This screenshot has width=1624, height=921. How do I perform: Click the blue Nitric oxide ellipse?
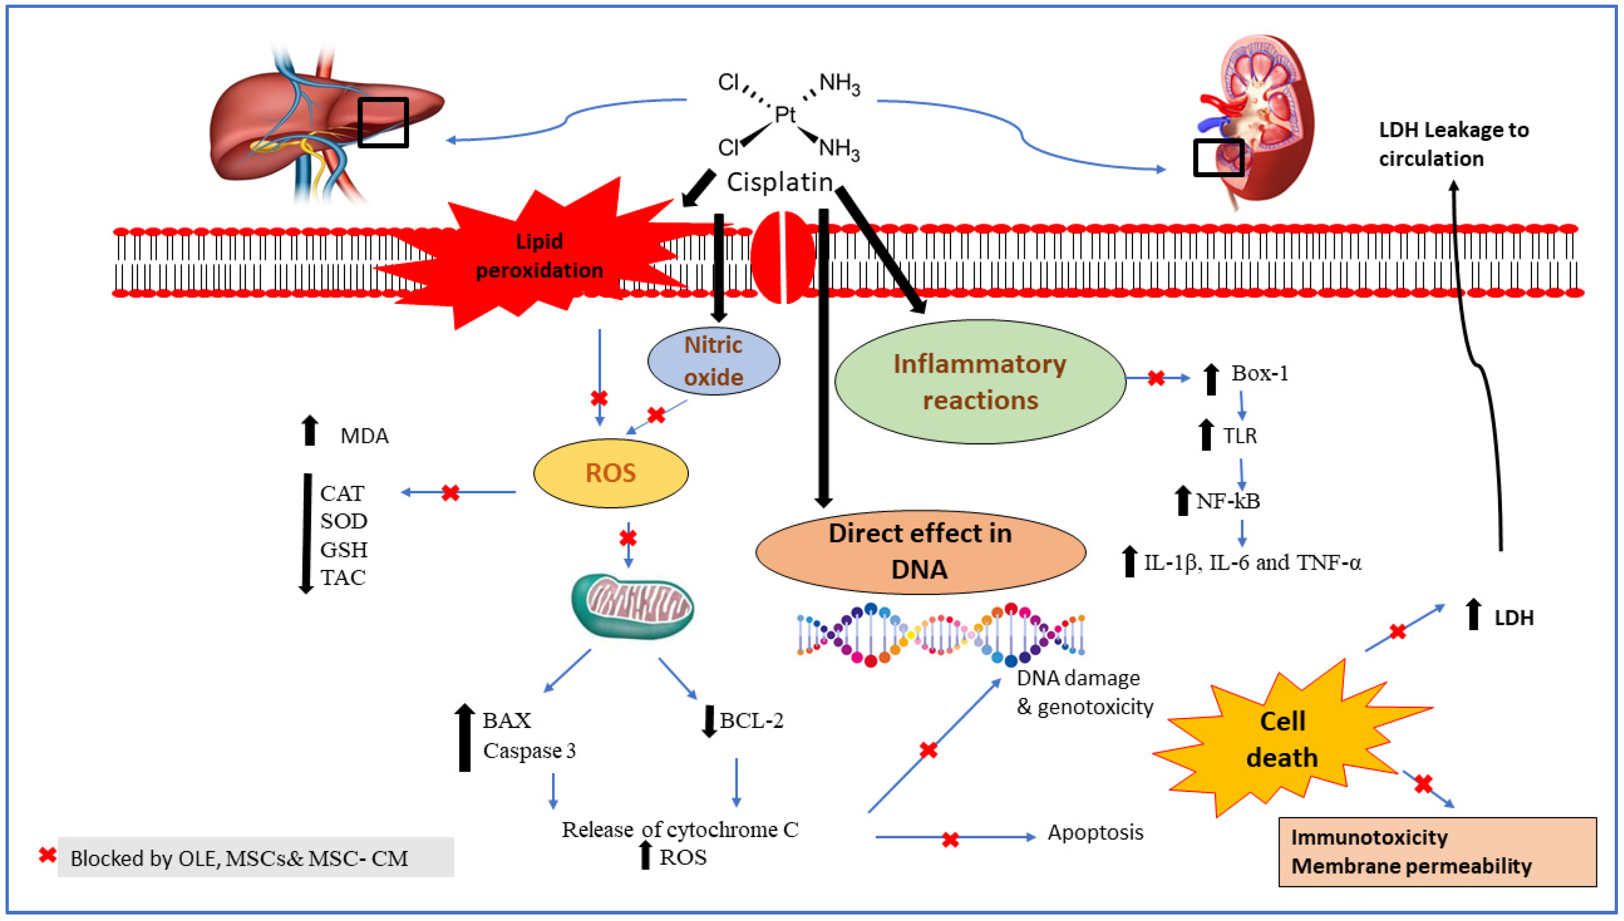[713, 361]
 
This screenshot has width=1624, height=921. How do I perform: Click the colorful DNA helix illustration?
[941, 634]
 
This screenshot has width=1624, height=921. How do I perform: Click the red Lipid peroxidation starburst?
[540, 256]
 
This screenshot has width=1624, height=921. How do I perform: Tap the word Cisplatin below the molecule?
[779, 182]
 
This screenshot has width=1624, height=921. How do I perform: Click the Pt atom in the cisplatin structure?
[785, 115]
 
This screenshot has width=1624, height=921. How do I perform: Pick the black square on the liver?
[383, 122]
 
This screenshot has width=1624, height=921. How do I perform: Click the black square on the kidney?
[1218, 157]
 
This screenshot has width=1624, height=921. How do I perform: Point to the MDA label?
[364, 436]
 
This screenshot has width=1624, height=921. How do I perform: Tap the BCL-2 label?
[751, 721]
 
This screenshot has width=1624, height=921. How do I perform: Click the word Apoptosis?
[1096, 832]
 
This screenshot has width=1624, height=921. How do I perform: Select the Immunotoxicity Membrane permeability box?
[1437, 851]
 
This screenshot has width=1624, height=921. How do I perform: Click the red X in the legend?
[47, 855]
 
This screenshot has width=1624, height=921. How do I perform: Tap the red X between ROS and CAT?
[450, 493]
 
